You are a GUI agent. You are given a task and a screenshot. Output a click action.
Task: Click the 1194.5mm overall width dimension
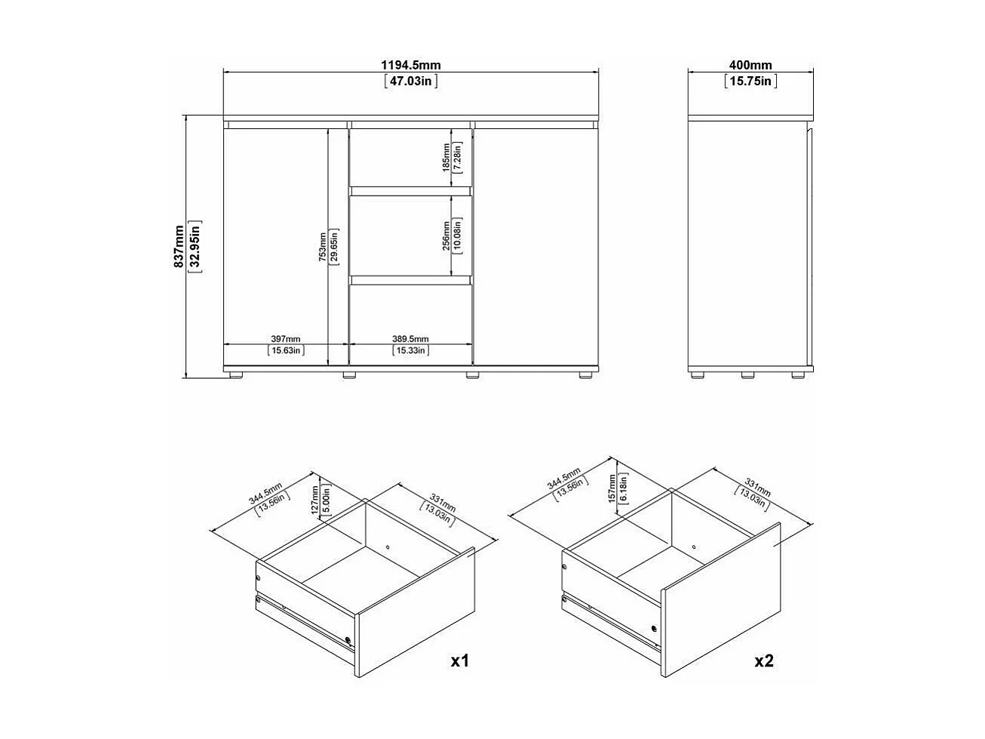tap(411, 66)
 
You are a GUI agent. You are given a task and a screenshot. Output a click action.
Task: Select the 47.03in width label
tap(411, 81)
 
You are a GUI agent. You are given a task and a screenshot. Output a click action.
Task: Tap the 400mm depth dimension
tap(751, 66)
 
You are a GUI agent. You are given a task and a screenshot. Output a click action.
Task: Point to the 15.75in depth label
tap(751, 81)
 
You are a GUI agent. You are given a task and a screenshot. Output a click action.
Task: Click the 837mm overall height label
tap(179, 246)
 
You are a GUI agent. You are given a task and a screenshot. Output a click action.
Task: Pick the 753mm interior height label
tap(322, 246)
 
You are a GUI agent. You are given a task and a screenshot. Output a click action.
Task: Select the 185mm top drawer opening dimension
tap(446, 157)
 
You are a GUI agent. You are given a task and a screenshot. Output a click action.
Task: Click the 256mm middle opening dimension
tap(446, 234)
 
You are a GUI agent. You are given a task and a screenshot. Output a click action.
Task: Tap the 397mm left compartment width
tap(285, 339)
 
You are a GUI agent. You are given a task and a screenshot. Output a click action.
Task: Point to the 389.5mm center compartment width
tap(411, 339)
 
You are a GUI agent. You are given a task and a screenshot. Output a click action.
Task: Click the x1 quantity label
tap(460, 661)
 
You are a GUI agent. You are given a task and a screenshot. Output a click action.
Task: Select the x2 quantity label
tap(764, 661)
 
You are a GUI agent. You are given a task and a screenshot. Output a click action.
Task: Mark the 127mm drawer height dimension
tap(315, 499)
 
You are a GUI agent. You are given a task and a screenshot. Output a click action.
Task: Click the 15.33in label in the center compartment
tap(411, 350)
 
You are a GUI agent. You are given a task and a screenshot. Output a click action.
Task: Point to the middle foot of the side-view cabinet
tap(747, 373)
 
